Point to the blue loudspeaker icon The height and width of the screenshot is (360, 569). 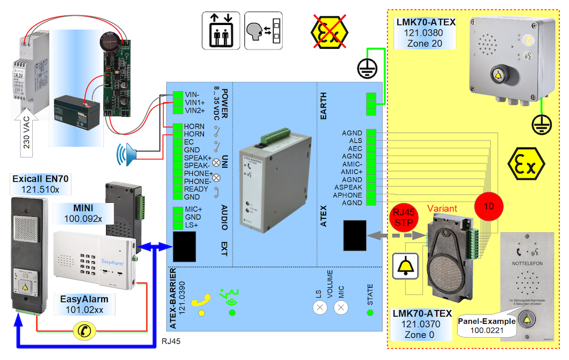click(x=127, y=154)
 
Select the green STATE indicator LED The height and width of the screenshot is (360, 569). click(x=370, y=312)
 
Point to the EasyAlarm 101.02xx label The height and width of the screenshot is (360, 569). click(x=84, y=304)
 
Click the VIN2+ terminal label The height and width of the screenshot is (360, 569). click(x=194, y=111)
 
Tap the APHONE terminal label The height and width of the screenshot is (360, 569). click(x=348, y=196)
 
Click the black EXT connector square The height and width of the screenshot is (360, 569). click(x=184, y=246)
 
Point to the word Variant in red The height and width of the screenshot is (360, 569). click(x=442, y=209)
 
